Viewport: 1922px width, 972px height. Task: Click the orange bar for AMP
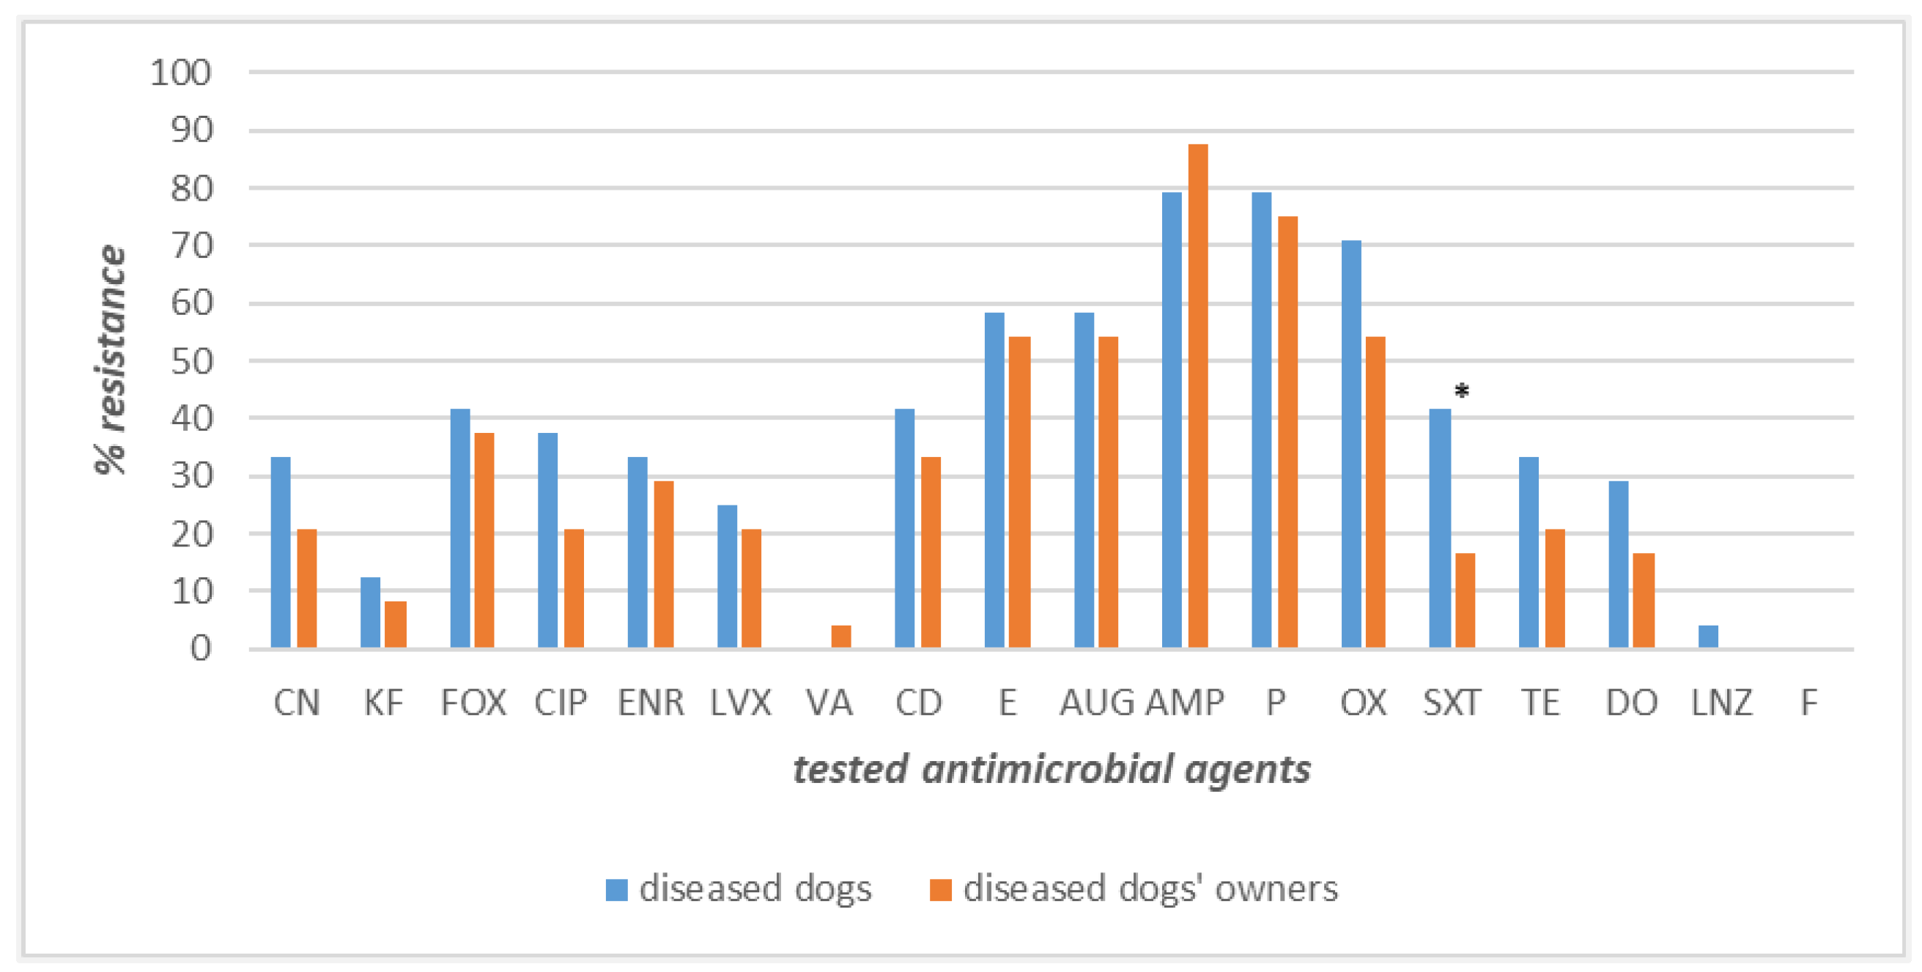point(1197,396)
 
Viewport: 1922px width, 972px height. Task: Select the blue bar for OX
point(1350,444)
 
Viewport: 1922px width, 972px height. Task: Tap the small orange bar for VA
point(841,637)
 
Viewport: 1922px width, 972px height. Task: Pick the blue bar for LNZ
point(1708,637)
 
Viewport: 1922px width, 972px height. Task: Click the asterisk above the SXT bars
point(1462,391)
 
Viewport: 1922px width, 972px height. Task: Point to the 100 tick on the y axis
point(180,73)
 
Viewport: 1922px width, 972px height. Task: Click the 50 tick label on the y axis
point(191,362)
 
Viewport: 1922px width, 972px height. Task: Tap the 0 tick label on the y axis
point(200,649)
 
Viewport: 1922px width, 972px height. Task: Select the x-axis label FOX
point(473,702)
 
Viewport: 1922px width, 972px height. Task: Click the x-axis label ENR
point(651,702)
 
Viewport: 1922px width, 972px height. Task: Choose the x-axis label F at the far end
point(1808,702)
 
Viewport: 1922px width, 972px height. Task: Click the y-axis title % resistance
point(111,360)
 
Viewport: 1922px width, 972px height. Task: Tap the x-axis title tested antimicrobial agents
point(1051,769)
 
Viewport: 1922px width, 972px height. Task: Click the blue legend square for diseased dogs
point(616,889)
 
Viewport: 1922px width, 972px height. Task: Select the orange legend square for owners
point(940,889)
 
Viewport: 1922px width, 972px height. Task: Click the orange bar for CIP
point(574,588)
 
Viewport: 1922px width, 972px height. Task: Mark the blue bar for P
point(1261,420)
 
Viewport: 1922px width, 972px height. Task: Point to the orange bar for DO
point(1643,601)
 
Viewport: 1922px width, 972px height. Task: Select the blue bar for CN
point(281,552)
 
